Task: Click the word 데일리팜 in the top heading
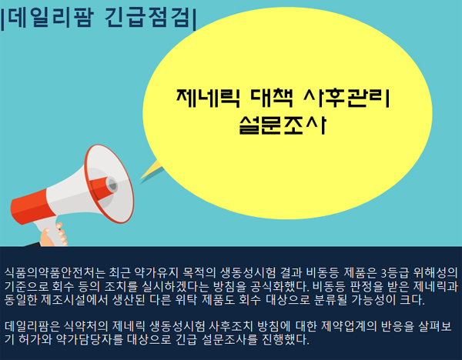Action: (51, 18)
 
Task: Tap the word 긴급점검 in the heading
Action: (147, 18)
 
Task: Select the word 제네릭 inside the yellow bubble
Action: (208, 98)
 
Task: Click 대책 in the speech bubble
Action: (272, 98)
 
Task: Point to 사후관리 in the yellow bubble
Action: (347, 98)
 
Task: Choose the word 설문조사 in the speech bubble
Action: (283, 125)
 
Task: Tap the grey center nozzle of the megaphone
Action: (112, 185)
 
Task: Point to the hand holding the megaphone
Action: (54, 235)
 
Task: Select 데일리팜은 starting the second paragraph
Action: (32, 326)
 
